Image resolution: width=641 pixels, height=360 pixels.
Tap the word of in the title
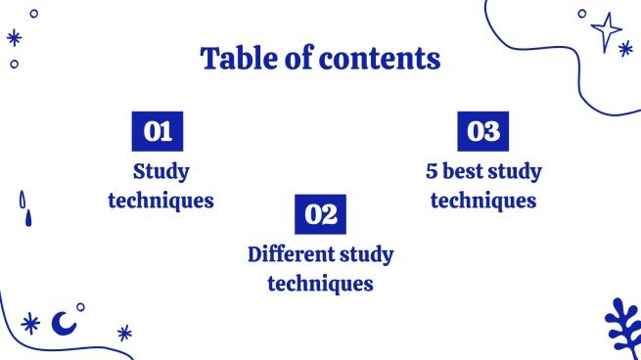tap(295, 59)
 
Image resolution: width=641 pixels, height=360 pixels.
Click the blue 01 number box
tap(157, 131)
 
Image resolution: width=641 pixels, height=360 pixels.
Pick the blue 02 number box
tap(320, 213)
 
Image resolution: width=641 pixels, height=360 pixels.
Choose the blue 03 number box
tap(483, 131)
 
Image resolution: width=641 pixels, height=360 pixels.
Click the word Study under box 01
tap(160, 172)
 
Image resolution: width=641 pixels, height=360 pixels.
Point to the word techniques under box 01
tap(160, 202)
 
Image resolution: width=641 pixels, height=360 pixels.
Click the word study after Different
tap(367, 255)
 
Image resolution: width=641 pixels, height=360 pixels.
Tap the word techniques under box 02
tap(320, 285)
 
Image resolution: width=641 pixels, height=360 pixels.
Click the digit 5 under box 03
tap(432, 172)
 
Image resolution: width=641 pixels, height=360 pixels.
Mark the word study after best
tap(517, 172)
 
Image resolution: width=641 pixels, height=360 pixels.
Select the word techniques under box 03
tap(483, 202)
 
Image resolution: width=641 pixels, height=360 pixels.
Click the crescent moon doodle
tap(64, 321)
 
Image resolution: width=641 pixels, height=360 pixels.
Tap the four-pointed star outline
tap(606, 31)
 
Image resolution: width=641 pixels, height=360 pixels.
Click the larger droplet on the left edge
tap(23, 201)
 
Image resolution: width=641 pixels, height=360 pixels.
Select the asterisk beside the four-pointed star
tap(625, 48)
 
